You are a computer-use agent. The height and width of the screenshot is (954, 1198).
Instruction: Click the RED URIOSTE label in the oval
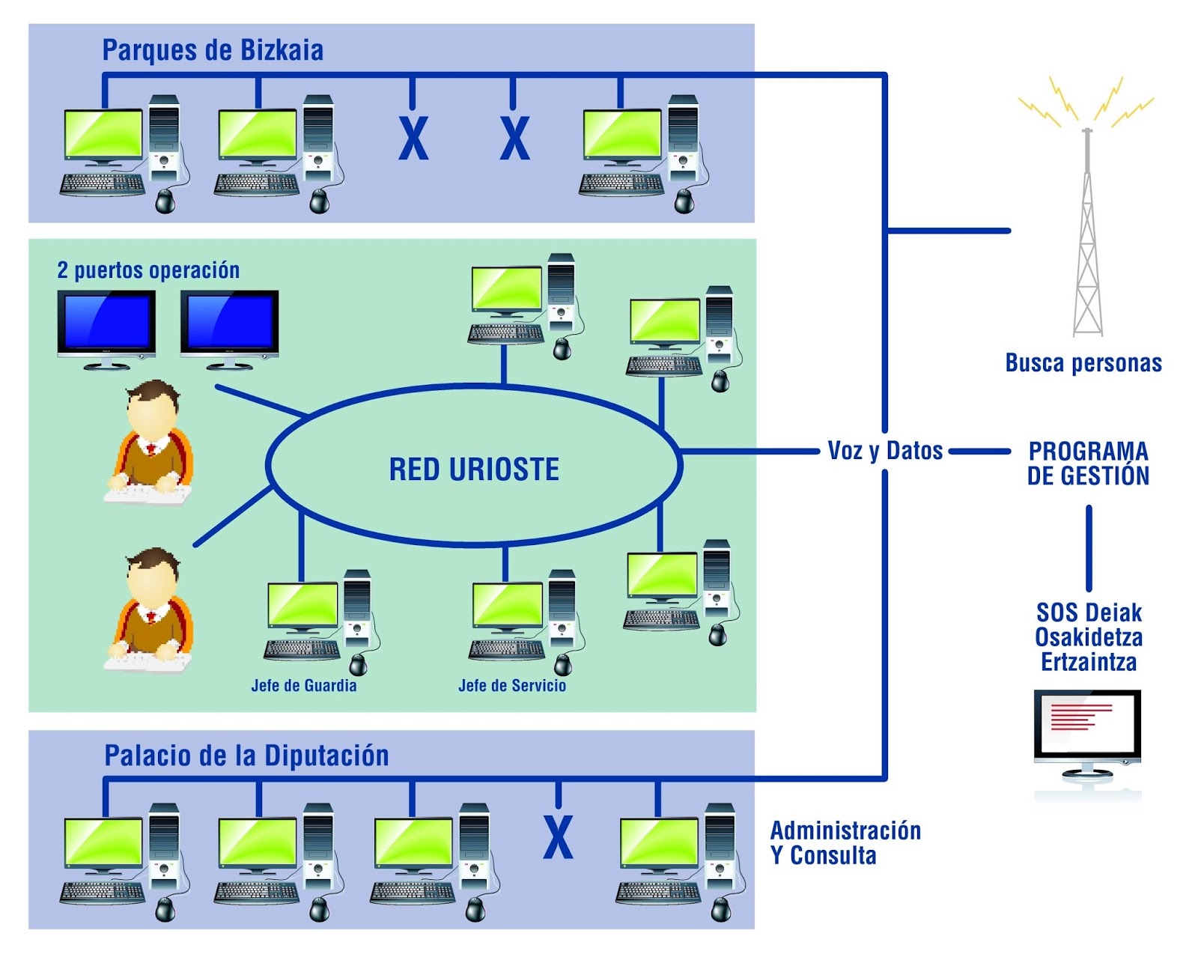[474, 470]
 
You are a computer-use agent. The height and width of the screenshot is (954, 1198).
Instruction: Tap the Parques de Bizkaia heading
[213, 50]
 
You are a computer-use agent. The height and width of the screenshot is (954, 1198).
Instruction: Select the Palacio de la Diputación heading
[246, 756]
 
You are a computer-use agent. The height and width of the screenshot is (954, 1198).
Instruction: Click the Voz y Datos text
[885, 451]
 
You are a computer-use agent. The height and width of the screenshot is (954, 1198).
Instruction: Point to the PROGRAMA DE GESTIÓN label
[1088, 464]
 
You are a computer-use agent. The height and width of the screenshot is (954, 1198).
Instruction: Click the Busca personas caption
[1083, 363]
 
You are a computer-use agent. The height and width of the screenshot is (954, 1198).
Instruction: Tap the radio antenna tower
[1087, 240]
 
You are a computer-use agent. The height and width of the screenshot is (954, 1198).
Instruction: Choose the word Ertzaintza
[1089, 663]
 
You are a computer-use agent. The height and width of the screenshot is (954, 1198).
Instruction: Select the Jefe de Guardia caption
[303, 685]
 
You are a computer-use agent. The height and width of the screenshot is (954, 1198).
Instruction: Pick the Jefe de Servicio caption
[512, 685]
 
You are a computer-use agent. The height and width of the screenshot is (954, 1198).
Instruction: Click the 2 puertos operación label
[148, 270]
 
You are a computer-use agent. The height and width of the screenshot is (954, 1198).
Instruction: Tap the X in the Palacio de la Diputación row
[558, 837]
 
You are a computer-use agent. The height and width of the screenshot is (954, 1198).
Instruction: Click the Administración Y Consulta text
[845, 842]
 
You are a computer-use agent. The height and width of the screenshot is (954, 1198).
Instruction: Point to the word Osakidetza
[1089, 638]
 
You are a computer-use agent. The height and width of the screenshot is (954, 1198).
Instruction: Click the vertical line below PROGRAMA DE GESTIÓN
[1089, 548]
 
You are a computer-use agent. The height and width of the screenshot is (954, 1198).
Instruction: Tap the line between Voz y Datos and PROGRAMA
[979, 452]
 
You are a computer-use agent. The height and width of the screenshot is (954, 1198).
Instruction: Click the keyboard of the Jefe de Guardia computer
[302, 649]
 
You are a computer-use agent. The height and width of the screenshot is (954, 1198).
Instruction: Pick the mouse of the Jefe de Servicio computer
[563, 664]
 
